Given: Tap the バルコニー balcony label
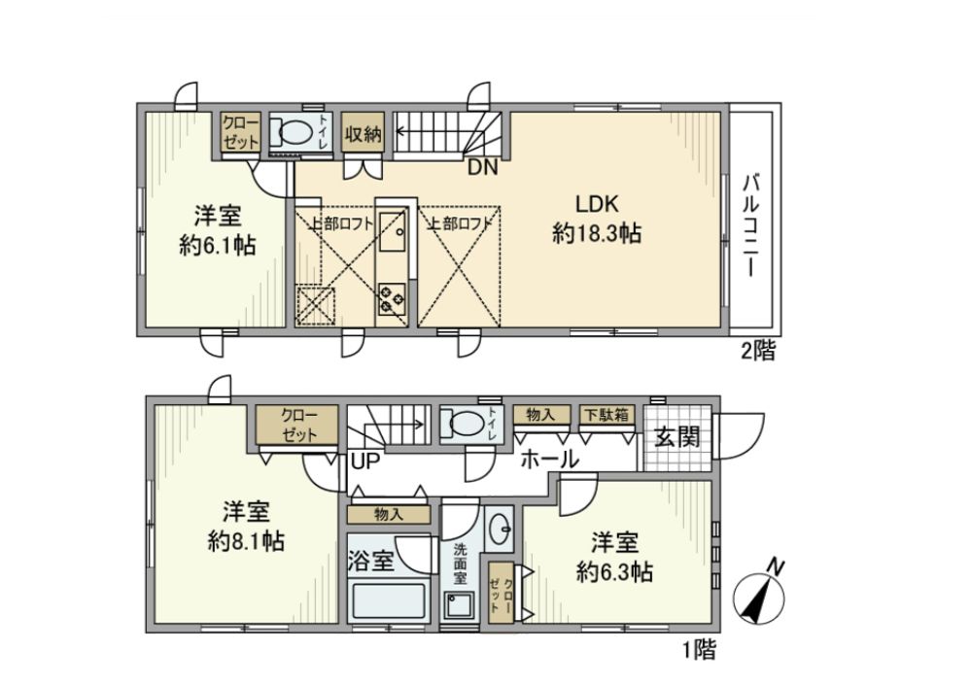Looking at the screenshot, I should tap(750, 225).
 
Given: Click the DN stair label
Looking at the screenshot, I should tap(482, 166).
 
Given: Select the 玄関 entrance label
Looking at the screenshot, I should tap(676, 436).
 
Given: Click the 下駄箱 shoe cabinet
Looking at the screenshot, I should tap(604, 415).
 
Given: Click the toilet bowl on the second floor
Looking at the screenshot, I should tap(291, 130).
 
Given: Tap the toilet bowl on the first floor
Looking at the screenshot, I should tap(462, 425).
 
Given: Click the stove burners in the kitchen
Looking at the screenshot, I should tap(393, 296).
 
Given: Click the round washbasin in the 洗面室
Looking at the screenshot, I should tap(501, 530).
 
